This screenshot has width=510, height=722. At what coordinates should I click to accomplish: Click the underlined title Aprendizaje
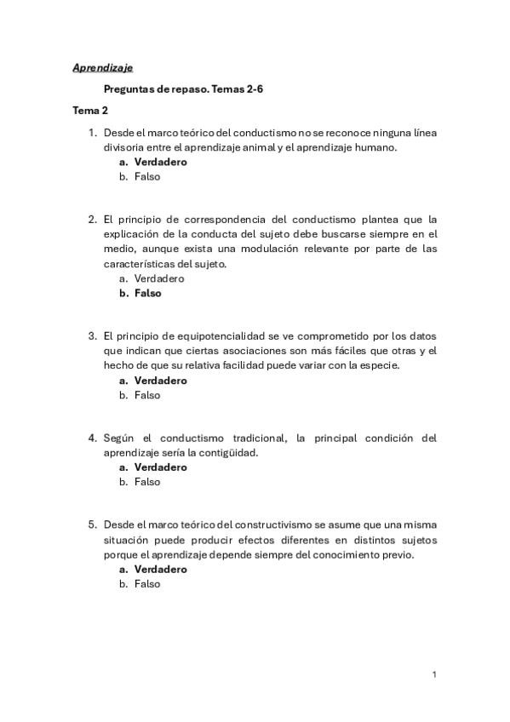(x=102, y=67)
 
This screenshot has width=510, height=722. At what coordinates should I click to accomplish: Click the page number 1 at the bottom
(x=434, y=674)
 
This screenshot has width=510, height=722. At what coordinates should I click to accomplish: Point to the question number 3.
(x=92, y=335)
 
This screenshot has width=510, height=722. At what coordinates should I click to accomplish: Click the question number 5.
(x=92, y=524)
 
